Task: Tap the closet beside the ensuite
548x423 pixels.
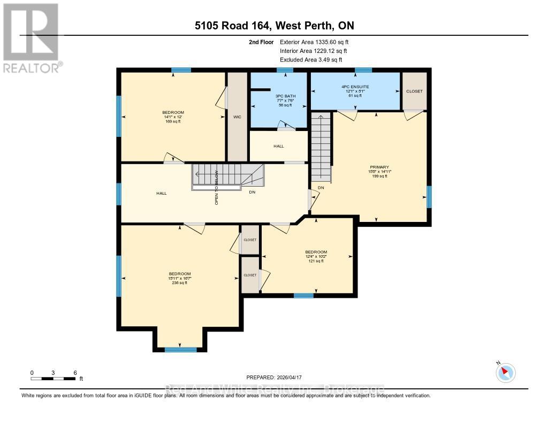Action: tap(414, 91)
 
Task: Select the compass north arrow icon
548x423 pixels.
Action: tap(505, 372)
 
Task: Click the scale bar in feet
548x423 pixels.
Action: tap(54, 379)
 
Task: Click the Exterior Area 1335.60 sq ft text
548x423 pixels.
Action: tap(315, 42)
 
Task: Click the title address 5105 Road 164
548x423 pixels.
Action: tap(274, 25)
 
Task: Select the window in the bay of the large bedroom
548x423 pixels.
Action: tap(180, 350)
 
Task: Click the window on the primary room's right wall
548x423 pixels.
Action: tap(429, 197)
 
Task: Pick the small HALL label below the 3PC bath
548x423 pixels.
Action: tap(279, 146)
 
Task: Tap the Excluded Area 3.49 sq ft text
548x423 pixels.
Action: tap(311, 60)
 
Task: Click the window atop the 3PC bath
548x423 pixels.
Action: tap(285, 70)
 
